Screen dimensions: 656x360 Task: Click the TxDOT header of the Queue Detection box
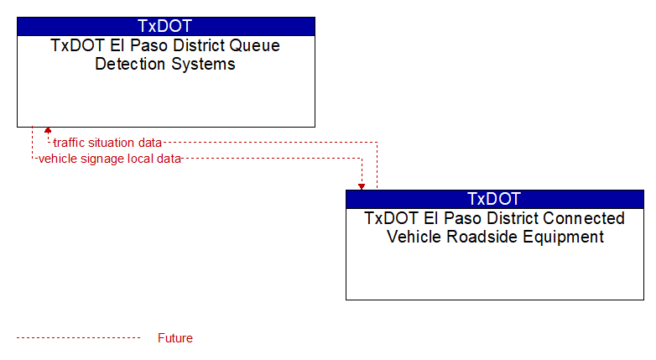164,26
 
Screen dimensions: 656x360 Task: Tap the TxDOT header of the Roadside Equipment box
494,199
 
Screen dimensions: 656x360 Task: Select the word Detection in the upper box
130,64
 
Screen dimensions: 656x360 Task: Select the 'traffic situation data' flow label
107,143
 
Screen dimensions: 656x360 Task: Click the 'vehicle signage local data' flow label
110,159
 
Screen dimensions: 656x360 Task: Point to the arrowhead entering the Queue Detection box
48,130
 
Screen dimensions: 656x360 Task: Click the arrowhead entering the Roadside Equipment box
362,187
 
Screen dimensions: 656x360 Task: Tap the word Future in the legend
175,338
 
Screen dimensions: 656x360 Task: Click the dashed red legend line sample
79,338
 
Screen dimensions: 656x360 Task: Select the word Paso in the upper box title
150,45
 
